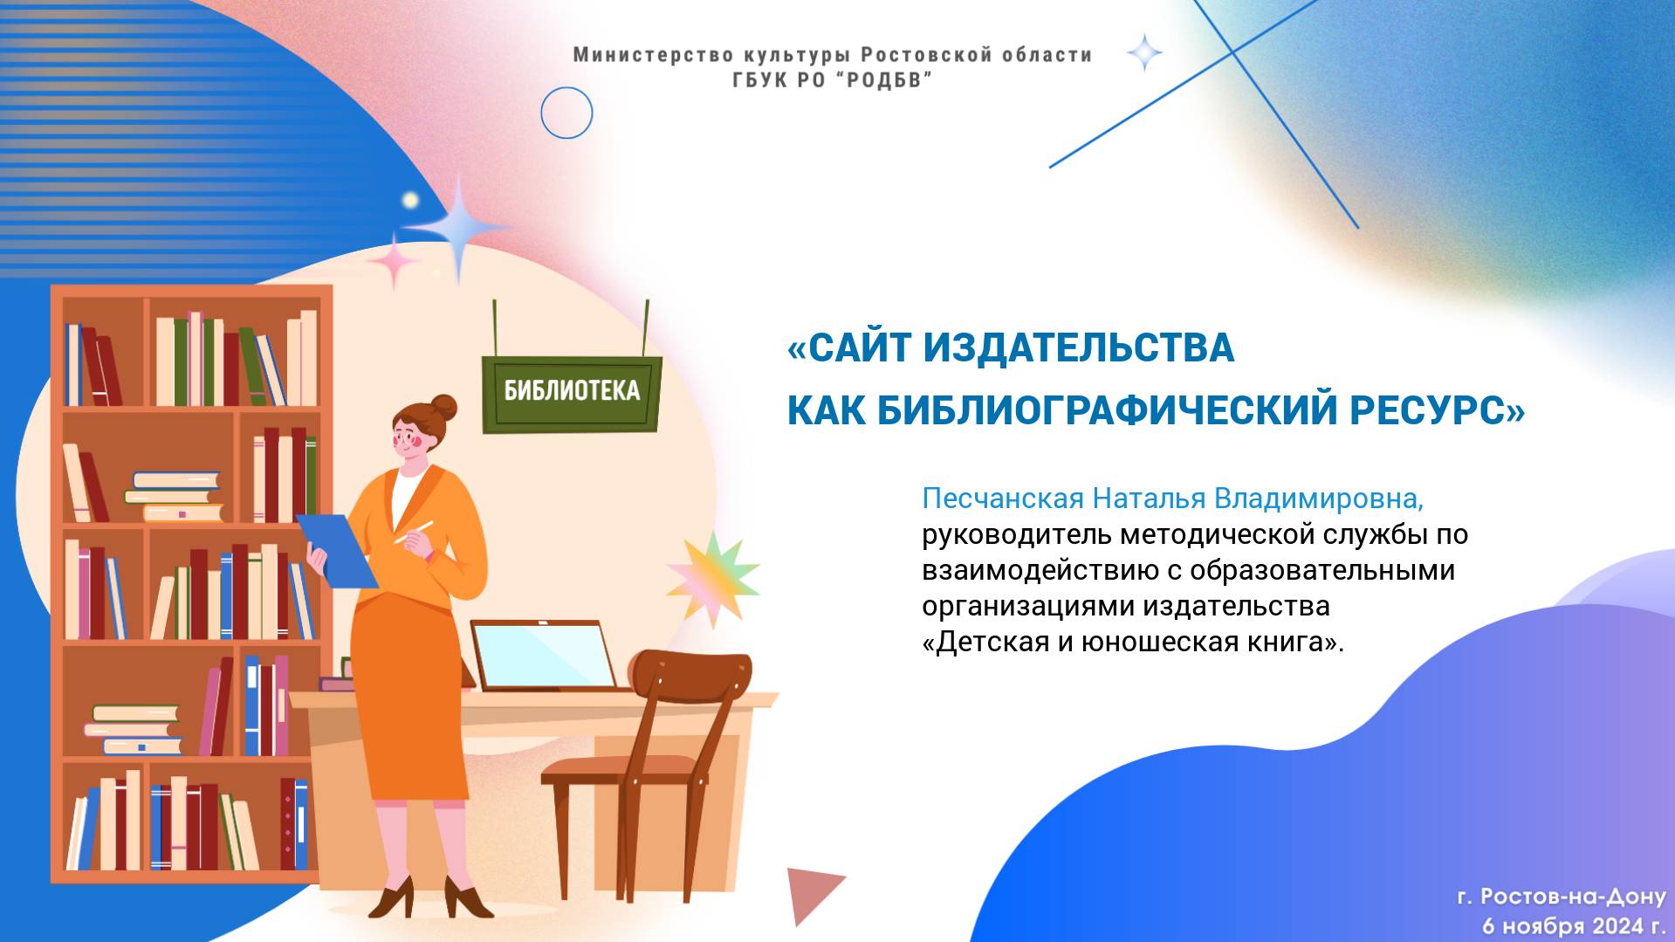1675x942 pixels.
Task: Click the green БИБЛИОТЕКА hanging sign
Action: click(x=572, y=392)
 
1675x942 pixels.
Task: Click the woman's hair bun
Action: click(x=444, y=407)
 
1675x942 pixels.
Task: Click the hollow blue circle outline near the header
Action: click(x=566, y=113)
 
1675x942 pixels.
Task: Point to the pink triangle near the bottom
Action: click(x=811, y=891)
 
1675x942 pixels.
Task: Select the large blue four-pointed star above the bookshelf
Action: click(x=458, y=228)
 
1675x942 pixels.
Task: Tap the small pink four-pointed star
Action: click(x=394, y=261)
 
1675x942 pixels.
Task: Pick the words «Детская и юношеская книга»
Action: click(x=1132, y=643)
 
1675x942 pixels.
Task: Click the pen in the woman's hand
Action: click(x=415, y=532)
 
